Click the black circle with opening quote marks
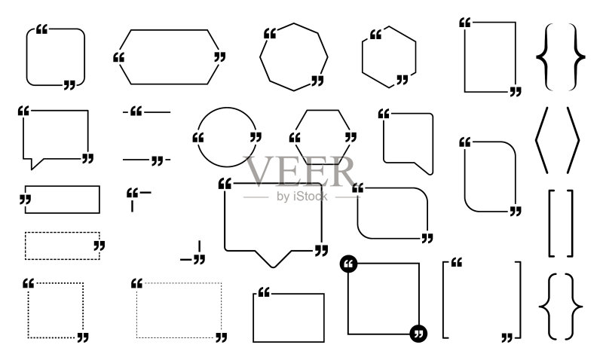coord(349,264)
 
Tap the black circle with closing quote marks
coord(418,334)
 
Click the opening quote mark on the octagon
coord(270,33)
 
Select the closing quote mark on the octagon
coord(317,81)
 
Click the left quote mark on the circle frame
coord(198,138)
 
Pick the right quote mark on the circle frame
coord(256,137)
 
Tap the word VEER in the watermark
coord(300,172)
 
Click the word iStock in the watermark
coord(310,197)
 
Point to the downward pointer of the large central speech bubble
coord(273,259)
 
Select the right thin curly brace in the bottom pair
coord(574,307)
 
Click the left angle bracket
coord(541,140)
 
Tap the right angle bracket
coord(573,140)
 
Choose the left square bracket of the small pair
coord(551,223)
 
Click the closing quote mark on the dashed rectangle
coord(99,246)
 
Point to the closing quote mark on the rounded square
coord(69,85)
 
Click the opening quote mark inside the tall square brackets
coord(457,262)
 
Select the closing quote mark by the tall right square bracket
coord(507,337)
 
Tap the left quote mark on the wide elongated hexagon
coord(119,58)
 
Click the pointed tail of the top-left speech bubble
coord(34,163)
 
